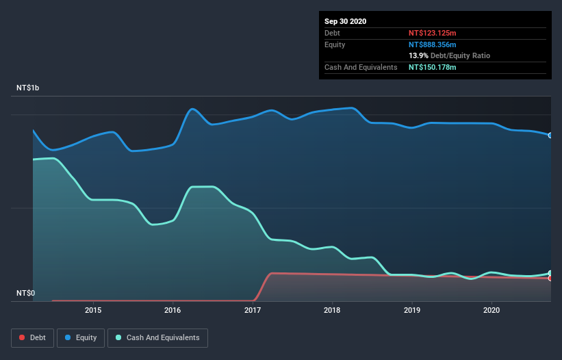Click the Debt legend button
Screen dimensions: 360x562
click(31, 337)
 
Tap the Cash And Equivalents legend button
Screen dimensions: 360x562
click(157, 337)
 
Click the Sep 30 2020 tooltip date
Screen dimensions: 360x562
click(346, 21)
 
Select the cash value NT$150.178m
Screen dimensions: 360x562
click(432, 67)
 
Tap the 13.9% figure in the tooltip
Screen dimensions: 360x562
click(418, 55)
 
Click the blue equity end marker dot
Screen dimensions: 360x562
click(550, 136)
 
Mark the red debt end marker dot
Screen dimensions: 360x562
click(550, 278)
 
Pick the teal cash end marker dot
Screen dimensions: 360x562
click(550, 273)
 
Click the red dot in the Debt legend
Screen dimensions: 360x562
click(23, 337)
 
